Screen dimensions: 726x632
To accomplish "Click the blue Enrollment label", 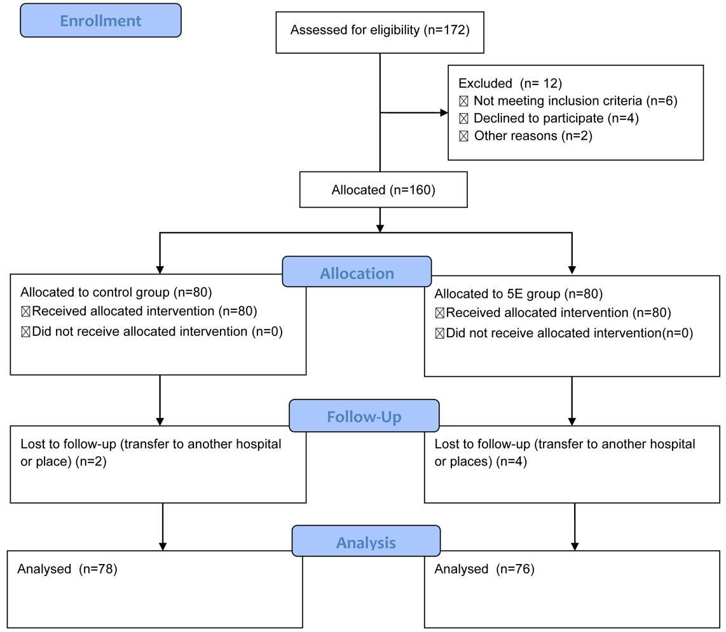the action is click(100, 20).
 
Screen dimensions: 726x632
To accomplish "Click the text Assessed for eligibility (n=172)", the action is click(380, 30).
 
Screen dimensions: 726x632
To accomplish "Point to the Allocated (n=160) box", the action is click(383, 190).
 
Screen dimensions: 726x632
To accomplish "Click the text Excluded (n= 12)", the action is click(510, 83).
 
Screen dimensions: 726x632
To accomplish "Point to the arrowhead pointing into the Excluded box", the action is click(444, 112).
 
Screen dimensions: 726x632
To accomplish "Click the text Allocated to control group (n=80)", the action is click(116, 292).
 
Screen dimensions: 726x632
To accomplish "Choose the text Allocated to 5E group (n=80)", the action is click(519, 294).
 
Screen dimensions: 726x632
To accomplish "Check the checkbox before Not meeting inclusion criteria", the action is click(463, 102).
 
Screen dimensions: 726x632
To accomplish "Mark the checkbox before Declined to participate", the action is click(463, 119).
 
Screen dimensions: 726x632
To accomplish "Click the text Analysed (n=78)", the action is click(67, 568).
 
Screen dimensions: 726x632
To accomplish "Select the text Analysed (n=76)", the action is click(484, 568).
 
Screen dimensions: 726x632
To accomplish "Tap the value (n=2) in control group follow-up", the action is click(91, 461).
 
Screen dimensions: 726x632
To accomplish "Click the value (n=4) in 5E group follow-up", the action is click(512, 461).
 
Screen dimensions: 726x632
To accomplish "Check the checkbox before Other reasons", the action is click(463, 137).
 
